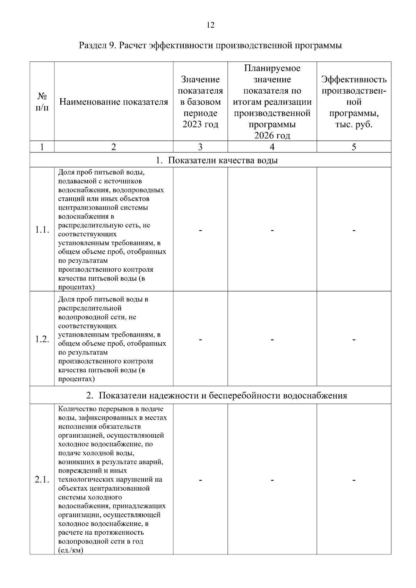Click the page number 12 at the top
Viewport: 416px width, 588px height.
coord(210,25)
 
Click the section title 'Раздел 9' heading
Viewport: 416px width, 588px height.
coord(210,45)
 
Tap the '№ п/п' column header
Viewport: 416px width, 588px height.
coord(42,102)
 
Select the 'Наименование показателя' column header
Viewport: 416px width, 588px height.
coord(114,102)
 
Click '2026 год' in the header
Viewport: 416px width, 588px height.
coord(272,135)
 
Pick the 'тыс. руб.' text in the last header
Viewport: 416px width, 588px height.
coord(354,124)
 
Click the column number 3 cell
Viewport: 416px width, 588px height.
coord(200,147)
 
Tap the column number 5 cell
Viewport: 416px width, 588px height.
coord(354,147)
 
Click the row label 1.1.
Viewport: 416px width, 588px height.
coord(42,230)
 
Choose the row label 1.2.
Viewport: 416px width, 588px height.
coord(42,340)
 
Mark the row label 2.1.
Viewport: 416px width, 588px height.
coord(42,480)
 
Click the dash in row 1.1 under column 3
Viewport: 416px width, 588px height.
coord(200,230)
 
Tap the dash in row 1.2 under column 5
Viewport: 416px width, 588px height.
coord(354,340)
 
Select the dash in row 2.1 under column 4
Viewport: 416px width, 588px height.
coord(272,480)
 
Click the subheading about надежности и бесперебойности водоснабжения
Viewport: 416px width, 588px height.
coord(217,395)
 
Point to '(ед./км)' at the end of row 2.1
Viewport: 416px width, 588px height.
coord(71,550)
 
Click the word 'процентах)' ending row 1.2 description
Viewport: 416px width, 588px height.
coord(76,379)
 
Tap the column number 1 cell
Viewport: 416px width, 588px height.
coord(42,147)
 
